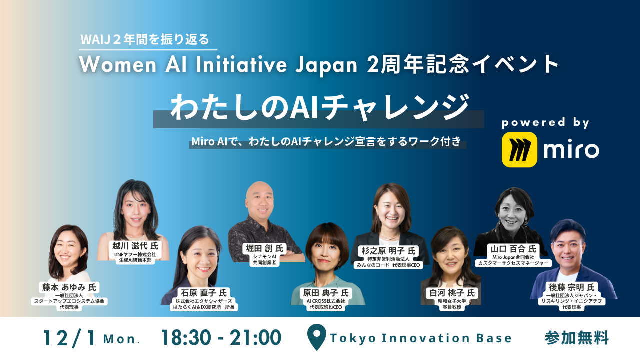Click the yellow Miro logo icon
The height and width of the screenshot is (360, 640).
click(519, 149)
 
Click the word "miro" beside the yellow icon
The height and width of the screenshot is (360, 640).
click(571, 149)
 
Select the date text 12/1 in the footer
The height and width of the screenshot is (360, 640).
click(70, 338)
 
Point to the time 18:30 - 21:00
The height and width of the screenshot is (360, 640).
click(220, 338)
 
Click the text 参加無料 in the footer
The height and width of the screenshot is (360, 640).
click(577, 338)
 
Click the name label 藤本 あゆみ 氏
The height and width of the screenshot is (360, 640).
click(69, 287)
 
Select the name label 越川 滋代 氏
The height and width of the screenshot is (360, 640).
click(135, 246)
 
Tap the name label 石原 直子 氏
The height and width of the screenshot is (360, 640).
click(202, 293)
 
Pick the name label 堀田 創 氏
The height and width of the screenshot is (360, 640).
click(265, 248)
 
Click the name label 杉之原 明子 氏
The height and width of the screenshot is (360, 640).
click(387, 251)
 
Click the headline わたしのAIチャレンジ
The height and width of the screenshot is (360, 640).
click(320, 107)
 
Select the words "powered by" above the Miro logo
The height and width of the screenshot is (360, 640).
click(546, 123)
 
